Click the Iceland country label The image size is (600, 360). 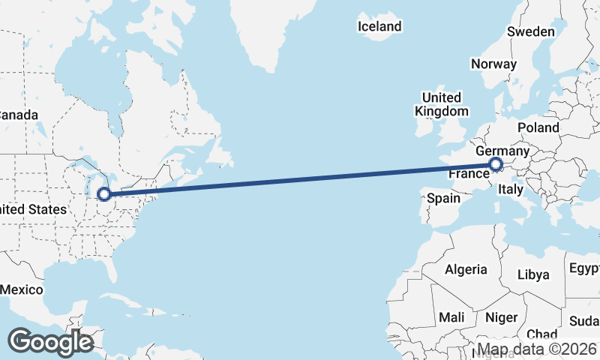379,26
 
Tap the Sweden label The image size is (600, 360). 531,31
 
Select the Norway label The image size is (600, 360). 493,64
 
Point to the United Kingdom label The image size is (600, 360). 441,104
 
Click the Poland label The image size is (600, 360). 538,127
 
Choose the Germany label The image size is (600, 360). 502,151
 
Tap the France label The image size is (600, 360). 469,174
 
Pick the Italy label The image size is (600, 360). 510,190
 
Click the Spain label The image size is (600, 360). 443,199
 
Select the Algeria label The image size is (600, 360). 466,269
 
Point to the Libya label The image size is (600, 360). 533,274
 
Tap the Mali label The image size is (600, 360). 451,316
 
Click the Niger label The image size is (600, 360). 502,317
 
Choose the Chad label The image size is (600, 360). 541,334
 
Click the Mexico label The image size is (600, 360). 21,289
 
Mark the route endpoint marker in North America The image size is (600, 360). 104,194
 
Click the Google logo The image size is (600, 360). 50,341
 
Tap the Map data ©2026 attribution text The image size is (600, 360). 537,349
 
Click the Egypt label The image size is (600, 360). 585,268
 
